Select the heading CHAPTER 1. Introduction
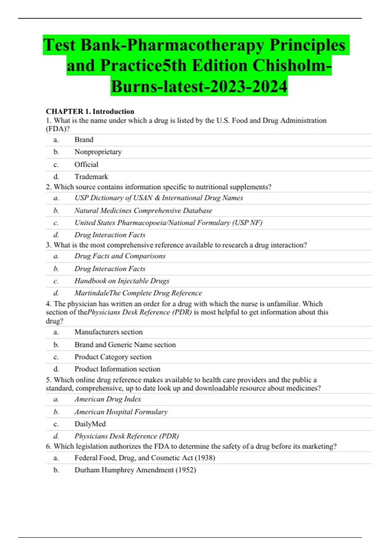click(x=90, y=111)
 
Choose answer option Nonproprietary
click(x=98, y=152)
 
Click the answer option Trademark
click(x=91, y=177)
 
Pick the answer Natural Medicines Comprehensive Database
click(x=143, y=210)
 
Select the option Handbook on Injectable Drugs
click(x=122, y=281)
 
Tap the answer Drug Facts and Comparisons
click(x=120, y=256)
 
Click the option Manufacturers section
click(x=108, y=332)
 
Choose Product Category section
click(x=113, y=357)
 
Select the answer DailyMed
click(x=90, y=424)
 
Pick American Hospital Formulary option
click(x=121, y=412)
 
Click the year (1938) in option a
click(x=205, y=458)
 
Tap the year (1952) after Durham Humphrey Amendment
click(x=186, y=470)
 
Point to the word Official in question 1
click(x=86, y=165)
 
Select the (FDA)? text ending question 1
click(x=58, y=129)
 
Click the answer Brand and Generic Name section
click(x=125, y=345)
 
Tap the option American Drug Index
click(x=108, y=399)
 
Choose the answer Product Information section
click(x=117, y=369)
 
